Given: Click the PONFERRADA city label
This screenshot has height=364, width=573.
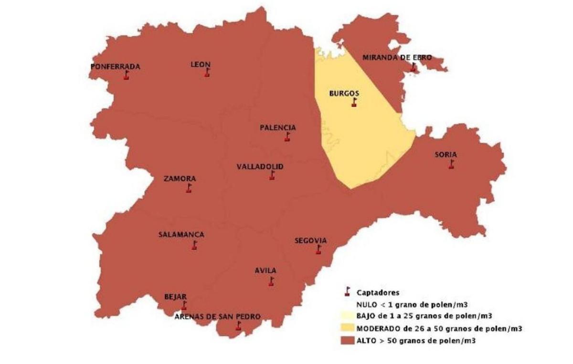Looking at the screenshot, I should pyautogui.click(x=115, y=67).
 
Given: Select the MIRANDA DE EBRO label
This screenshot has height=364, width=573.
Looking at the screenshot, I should pyautogui.click(x=397, y=58).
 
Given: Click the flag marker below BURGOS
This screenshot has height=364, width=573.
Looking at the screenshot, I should pyautogui.click(x=354, y=103).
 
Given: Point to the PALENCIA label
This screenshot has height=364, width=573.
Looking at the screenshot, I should pyautogui.click(x=278, y=128).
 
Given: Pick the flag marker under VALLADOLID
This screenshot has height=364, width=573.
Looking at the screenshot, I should pyautogui.click(x=272, y=175).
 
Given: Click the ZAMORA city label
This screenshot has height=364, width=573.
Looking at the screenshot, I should pyautogui.click(x=180, y=179).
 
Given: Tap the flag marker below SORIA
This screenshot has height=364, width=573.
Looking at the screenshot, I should pyautogui.click(x=451, y=164).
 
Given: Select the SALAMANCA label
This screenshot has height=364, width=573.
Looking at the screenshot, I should pyautogui.click(x=181, y=235).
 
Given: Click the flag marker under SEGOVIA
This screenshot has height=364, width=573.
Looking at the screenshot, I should pyautogui.click(x=318, y=250).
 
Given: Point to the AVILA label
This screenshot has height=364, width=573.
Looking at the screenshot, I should pyautogui.click(x=265, y=270).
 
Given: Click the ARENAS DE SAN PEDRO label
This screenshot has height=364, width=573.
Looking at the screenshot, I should pyautogui.click(x=217, y=317).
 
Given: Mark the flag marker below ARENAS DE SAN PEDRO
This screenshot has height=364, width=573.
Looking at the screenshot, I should pyautogui.click(x=238, y=326).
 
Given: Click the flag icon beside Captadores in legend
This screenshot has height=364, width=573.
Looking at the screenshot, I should pyautogui.click(x=347, y=292).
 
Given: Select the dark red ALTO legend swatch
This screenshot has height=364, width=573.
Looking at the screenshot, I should pyautogui.click(x=347, y=341).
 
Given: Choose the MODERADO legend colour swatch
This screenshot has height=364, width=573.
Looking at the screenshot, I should pyautogui.click(x=347, y=328).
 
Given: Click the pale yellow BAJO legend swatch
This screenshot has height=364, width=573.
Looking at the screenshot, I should pyautogui.click(x=347, y=316).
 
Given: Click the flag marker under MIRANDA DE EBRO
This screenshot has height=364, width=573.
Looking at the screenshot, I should pyautogui.click(x=413, y=67).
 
